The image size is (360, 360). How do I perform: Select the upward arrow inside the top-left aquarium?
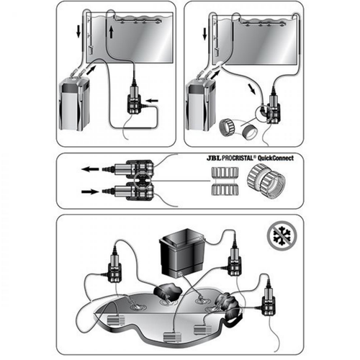pyautogui.click(x=109, y=33)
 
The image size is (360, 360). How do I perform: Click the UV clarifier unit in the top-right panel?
pyautogui.click(x=272, y=108)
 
